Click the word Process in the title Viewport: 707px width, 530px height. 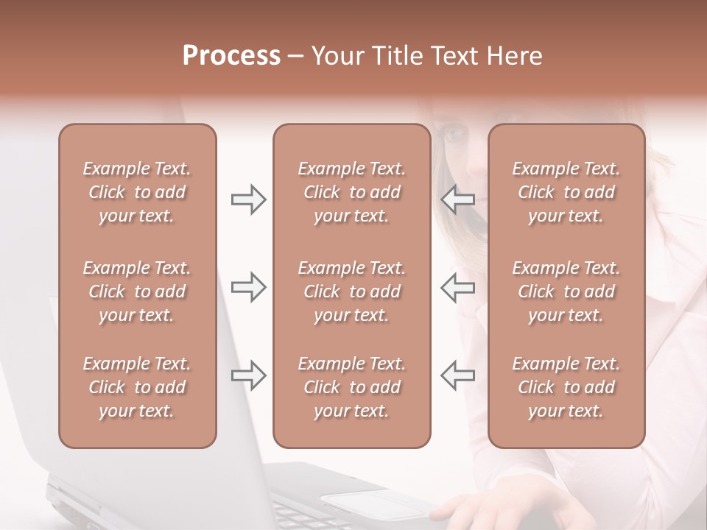coord(231,56)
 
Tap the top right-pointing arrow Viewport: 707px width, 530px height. coord(248,199)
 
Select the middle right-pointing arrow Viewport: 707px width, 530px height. coord(248,287)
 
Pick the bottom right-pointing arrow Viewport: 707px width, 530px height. coord(248,375)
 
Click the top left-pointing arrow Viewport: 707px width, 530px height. coord(458,199)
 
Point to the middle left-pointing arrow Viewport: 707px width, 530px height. coord(458,287)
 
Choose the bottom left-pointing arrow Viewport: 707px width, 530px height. coord(458,375)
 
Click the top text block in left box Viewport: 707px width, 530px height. coord(137,192)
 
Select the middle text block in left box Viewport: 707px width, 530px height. coord(137,291)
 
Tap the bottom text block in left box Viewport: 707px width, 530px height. coord(137,387)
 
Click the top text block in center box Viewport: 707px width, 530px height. coord(351,192)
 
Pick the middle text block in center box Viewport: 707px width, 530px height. coord(351,291)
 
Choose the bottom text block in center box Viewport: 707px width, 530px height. coord(351,387)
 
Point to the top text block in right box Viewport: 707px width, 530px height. coord(566,192)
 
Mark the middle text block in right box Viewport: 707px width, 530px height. coord(566,291)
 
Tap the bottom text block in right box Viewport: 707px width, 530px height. coord(566,387)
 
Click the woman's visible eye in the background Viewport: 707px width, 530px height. coord(454,134)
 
